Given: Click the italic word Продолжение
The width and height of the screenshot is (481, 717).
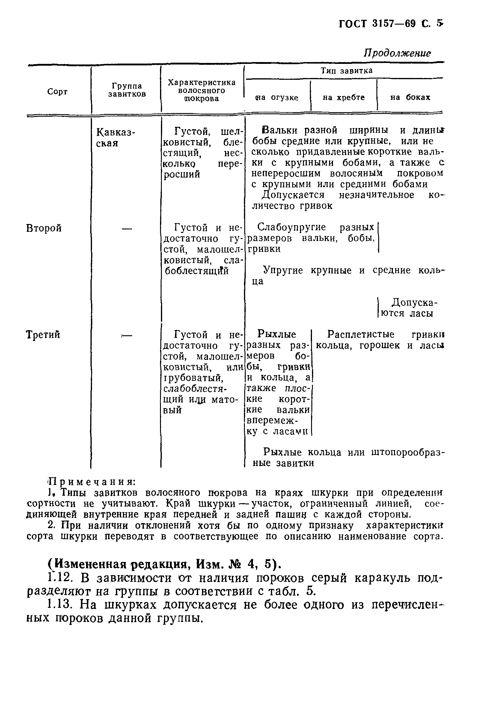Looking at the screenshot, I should tap(397, 53).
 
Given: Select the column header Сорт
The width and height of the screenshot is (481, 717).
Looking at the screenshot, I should tap(57, 91).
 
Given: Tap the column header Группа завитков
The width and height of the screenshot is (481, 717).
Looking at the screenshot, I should tap(127, 90).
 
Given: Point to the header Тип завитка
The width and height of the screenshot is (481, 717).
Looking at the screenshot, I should tap(346, 70).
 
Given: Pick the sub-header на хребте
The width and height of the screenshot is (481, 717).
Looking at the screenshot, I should tap(343, 97).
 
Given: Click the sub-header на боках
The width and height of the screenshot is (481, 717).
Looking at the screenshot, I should tap(410, 97).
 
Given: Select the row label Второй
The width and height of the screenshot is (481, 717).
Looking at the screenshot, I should tap(44, 228).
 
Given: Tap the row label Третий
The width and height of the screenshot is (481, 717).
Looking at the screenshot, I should tap(43, 335).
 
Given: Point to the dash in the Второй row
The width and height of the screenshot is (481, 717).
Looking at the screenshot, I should tap(127, 228).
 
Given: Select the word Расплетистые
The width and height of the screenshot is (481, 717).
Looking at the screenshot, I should tap(361, 334).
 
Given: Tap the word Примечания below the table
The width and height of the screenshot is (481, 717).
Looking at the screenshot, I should tap(92, 482).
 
